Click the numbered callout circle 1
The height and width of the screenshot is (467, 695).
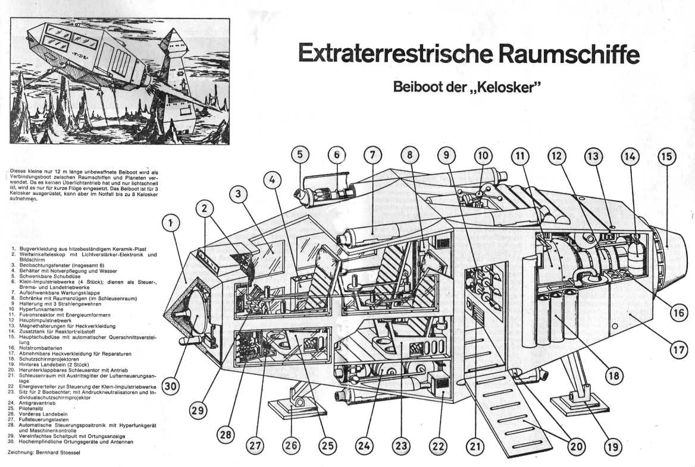[171, 225]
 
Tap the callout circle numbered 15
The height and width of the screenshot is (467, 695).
[666, 156]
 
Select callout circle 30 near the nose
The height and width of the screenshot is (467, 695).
[171, 387]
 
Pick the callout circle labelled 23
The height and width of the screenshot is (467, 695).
[400, 446]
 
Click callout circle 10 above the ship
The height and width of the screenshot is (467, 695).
[483, 156]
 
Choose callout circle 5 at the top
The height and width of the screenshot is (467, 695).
[300, 156]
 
